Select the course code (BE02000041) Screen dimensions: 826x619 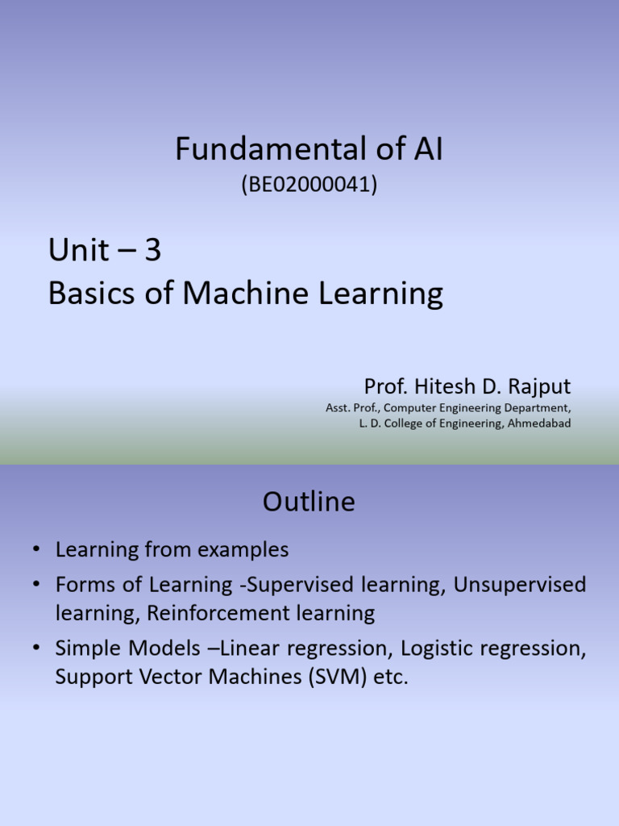click(309, 185)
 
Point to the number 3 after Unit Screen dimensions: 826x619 click(153, 252)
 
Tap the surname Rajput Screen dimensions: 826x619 click(542, 386)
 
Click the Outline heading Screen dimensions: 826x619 click(309, 503)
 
